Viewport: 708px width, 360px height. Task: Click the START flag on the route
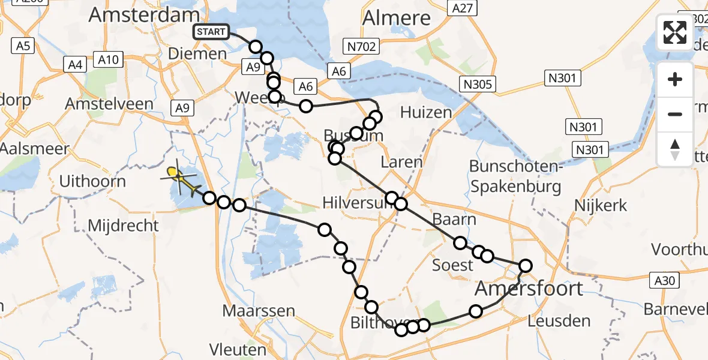tap(210, 31)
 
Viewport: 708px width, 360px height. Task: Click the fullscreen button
tap(675, 32)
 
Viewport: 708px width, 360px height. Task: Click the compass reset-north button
tap(675, 149)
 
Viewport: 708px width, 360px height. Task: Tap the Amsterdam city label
tap(144, 16)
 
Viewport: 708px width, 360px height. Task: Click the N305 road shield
tap(478, 84)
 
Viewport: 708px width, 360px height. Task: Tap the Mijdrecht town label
tap(123, 226)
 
